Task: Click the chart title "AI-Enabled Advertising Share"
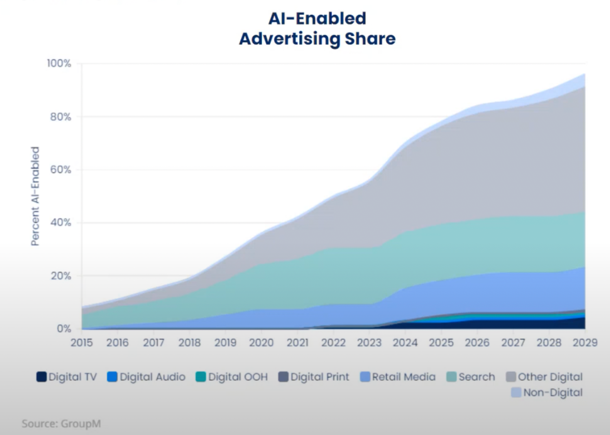pyautogui.click(x=317, y=29)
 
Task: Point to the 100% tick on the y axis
pyautogui.click(x=59, y=64)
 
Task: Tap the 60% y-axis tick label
pyautogui.click(x=60, y=170)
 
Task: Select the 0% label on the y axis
pyautogui.click(x=64, y=329)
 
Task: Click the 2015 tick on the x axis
pyautogui.click(x=82, y=343)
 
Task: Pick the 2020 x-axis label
pyautogui.click(x=261, y=343)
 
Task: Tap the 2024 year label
pyautogui.click(x=405, y=343)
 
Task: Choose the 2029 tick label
pyautogui.click(x=585, y=343)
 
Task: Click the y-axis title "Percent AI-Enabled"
pyautogui.click(x=35, y=196)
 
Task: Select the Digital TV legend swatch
pyautogui.click(x=42, y=377)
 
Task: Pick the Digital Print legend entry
pyautogui.click(x=314, y=377)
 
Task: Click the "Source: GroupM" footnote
pyautogui.click(x=61, y=424)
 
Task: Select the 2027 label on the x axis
pyautogui.click(x=513, y=343)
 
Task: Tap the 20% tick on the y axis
pyautogui.click(x=60, y=276)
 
